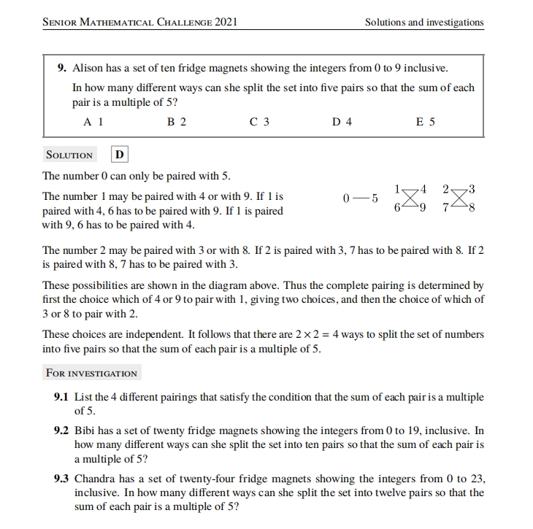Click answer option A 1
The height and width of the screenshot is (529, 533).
[x=93, y=122]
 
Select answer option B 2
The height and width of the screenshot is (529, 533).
[x=176, y=122]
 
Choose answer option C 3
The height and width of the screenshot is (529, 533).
[x=258, y=122]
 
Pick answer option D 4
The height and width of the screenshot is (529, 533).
[x=342, y=122]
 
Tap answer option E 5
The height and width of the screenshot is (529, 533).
[x=425, y=122]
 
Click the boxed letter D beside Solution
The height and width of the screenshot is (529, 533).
[x=120, y=155]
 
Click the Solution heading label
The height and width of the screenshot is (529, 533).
[x=69, y=155]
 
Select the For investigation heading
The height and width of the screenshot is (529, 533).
[x=91, y=373]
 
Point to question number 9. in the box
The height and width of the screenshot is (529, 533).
[x=62, y=69]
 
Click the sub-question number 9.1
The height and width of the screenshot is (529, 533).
[x=62, y=397]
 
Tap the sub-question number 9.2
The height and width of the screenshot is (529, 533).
[x=62, y=430]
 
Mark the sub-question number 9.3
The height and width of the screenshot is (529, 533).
[x=62, y=479]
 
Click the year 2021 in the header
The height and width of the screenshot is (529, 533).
[x=226, y=22]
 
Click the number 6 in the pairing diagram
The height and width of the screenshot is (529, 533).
[x=396, y=207]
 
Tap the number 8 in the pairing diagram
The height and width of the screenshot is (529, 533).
[x=472, y=207]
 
